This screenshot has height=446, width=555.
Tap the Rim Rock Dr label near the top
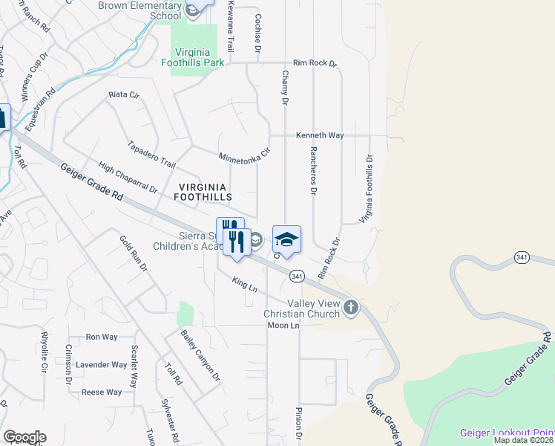point(315,64)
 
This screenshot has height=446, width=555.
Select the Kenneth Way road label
point(320,136)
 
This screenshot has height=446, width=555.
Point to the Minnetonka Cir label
point(243,158)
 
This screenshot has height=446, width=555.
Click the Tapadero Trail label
point(151,155)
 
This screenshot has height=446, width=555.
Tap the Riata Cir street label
point(124,95)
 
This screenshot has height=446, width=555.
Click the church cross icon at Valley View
point(351,306)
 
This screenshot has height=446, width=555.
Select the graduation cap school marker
point(286,239)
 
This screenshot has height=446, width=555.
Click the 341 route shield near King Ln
point(297,276)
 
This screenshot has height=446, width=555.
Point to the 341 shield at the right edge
point(521,256)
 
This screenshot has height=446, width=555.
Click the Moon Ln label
point(283,326)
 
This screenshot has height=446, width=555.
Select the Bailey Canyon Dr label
point(201,355)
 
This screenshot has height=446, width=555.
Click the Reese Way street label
point(102,392)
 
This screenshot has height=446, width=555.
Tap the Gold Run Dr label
point(134,253)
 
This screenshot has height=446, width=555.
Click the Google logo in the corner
point(24,437)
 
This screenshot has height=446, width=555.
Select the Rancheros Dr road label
point(312,170)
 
